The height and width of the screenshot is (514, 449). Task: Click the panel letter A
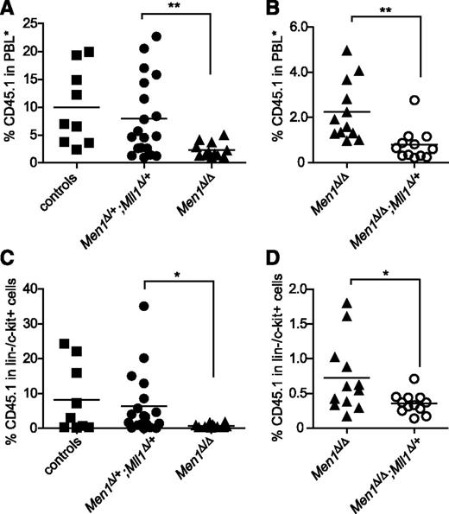point(8,9)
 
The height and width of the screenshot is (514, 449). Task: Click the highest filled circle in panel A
point(156,36)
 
